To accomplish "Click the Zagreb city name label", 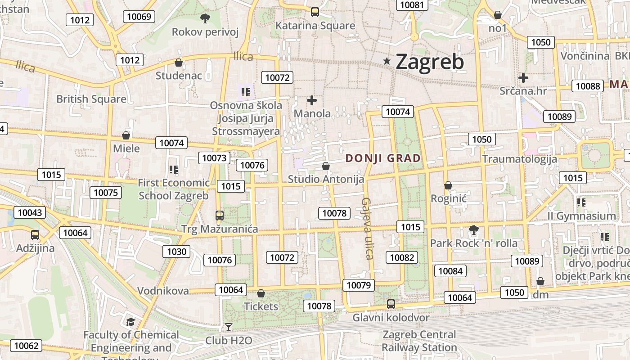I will click(x=429, y=62).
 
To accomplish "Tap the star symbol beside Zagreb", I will click(x=387, y=61).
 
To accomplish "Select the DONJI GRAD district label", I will click(x=383, y=158).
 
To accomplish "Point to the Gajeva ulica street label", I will click(x=368, y=228).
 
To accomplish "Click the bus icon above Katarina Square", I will click(x=315, y=12).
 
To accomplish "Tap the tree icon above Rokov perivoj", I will click(x=205, y=18).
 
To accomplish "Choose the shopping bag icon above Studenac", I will click(x=179, y=63).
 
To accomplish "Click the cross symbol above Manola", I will click(x=312, y=100).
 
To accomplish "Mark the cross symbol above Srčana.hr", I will click(x=523, y=78).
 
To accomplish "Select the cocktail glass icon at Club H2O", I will click(x=229, y=327).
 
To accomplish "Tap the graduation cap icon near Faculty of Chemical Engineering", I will click(x=130, y=322).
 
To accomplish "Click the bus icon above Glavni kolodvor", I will click(x=391, y=304).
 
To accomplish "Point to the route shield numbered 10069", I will click(x=139, y=17).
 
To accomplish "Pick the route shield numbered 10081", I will click(x=412, y=5).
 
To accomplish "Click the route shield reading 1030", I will click(x=176, y=252).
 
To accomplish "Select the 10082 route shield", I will click(x=401, y=257).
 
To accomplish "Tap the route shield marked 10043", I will click(x=30, y=212).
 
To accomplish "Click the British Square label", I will click(x=91, y=99).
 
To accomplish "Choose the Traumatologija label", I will click(x=519, y=159).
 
